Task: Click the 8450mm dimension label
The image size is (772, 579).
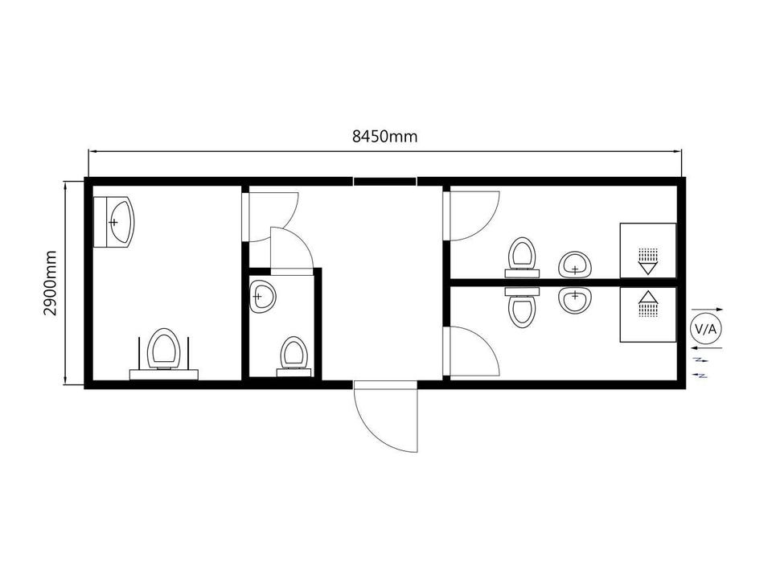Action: (x=384, y=136)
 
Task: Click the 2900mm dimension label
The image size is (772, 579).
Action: (x=50, y=283)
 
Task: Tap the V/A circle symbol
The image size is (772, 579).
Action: (x=705, y=329)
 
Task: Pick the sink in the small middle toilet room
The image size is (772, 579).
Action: (x=262, y=297)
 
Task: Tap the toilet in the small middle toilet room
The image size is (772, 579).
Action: (x=294, y=355)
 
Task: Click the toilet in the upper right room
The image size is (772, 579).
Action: (x=522, y=257)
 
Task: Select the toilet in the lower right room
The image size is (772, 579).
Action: (x=522, y=308)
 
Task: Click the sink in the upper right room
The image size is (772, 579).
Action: (x=574, y=265)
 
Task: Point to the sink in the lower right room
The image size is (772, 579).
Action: (x=574, y=300)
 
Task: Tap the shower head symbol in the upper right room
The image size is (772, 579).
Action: (x=648, y=261)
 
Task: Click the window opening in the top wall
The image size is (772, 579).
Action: (x=385, y=181)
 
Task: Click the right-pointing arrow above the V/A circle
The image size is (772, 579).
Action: (x=708, y=309)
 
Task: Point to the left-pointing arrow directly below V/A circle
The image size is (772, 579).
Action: (x=707, y=348)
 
